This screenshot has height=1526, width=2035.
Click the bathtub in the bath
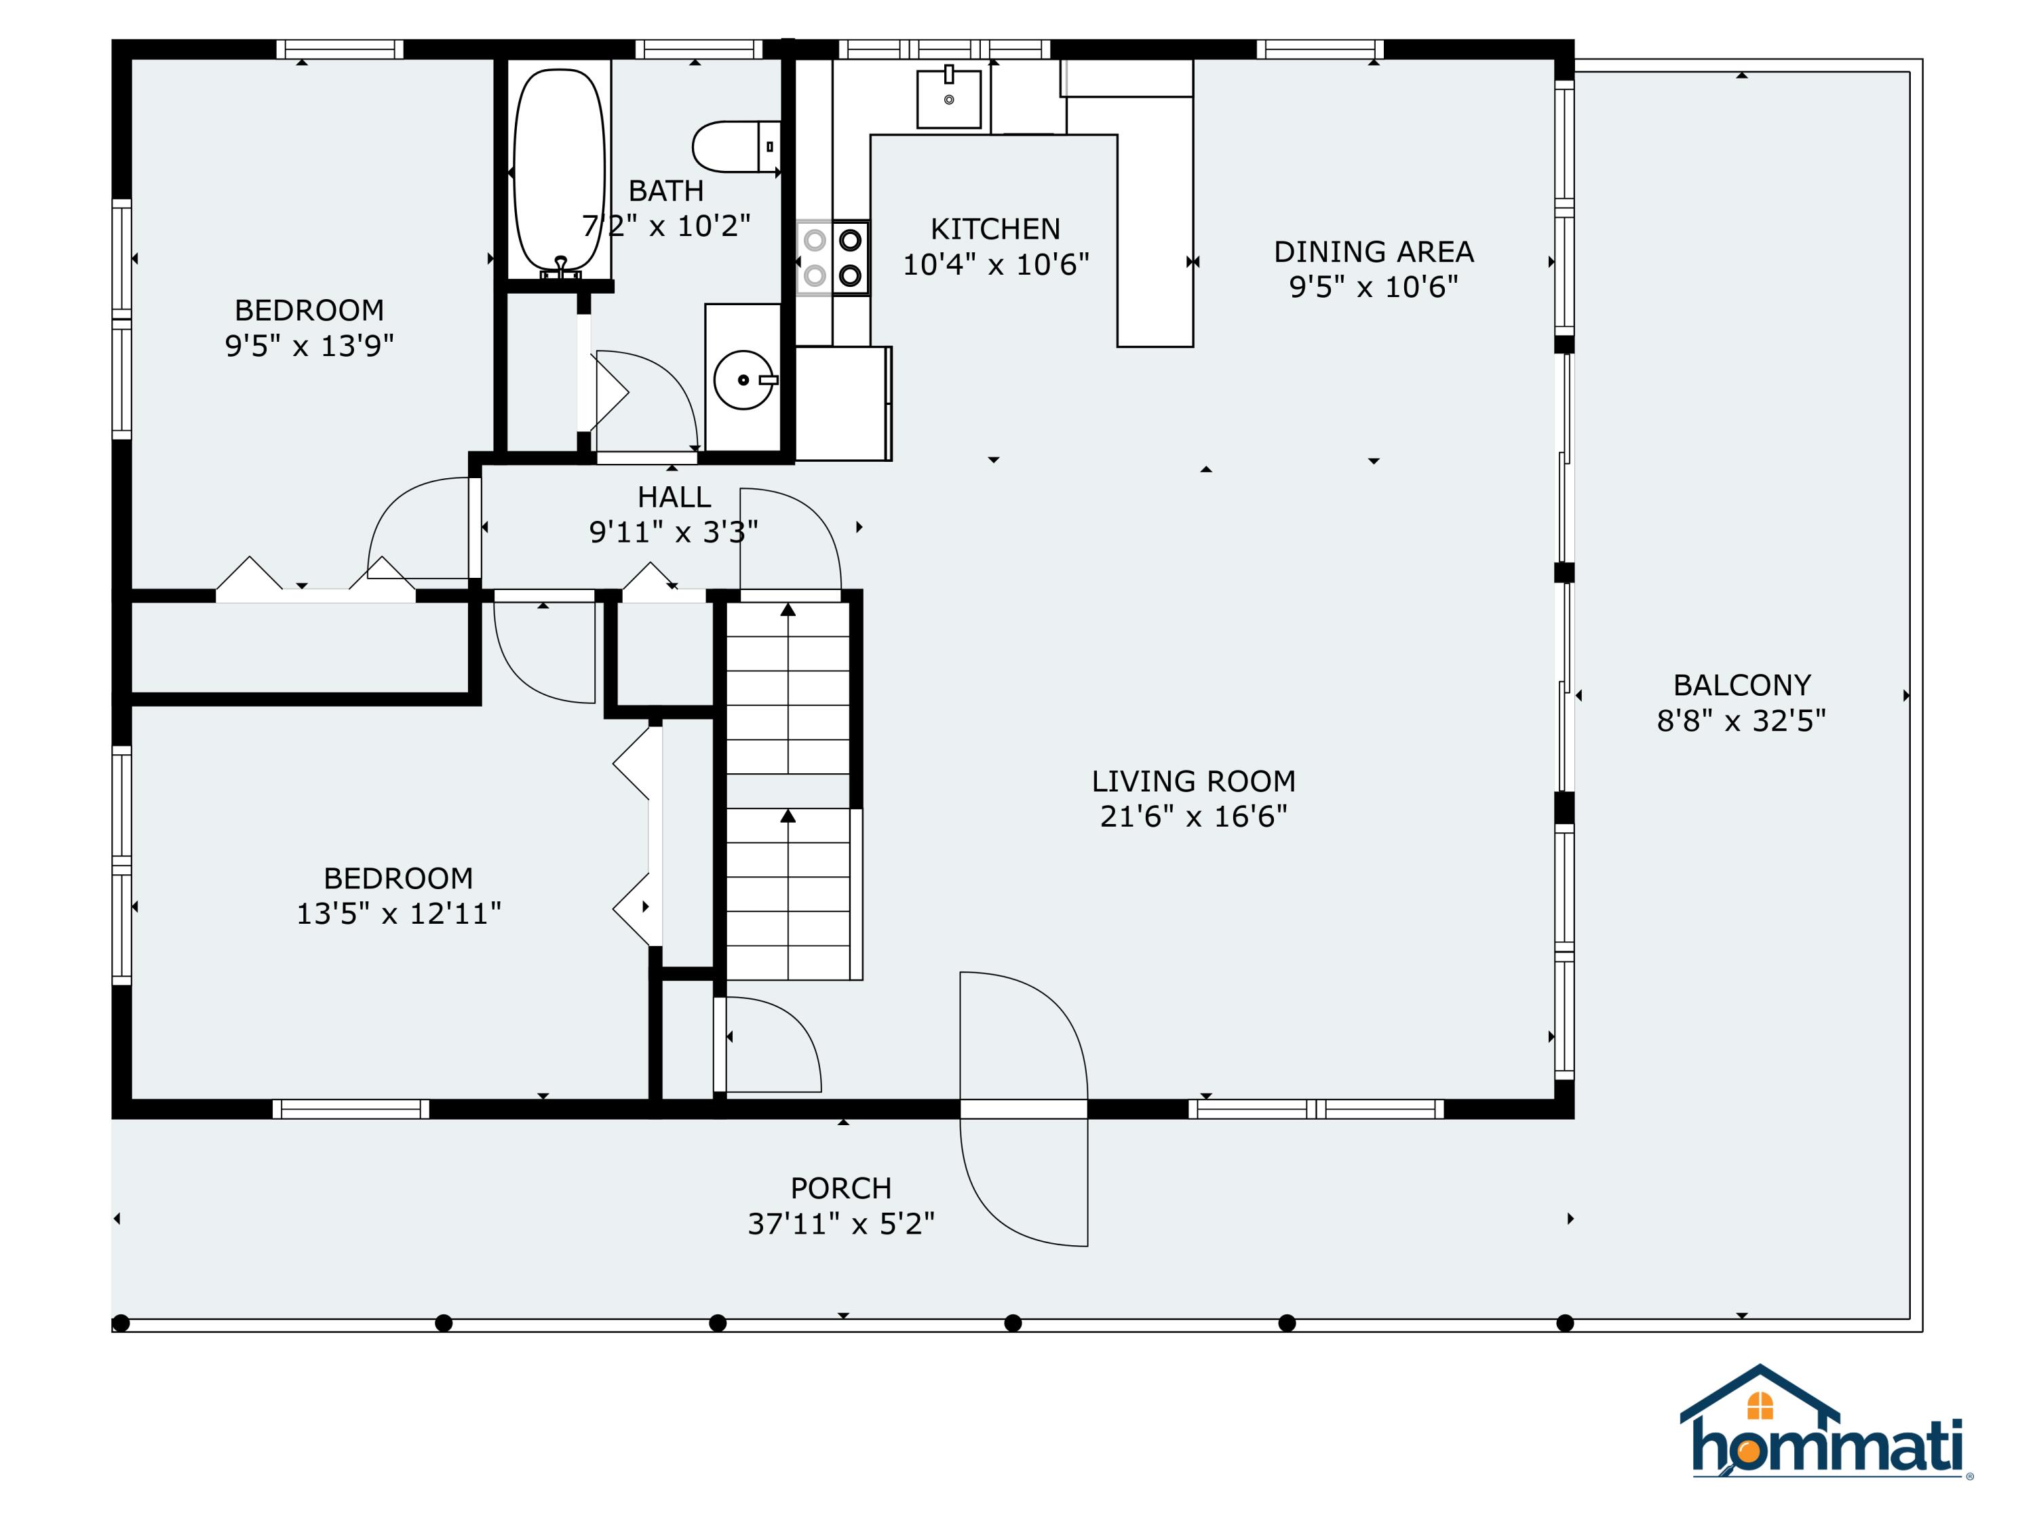[x=560, y=171]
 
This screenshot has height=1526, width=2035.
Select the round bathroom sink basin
[x=744, y=380]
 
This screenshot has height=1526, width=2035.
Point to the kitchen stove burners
[x=832, y=258]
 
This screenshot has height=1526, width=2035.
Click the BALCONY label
[x=1741, y=685]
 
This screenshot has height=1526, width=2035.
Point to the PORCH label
[x=841, y=1188]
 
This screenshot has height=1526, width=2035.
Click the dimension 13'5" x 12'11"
[x=398, y=914]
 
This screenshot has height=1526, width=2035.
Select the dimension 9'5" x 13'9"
[x=309, y=346]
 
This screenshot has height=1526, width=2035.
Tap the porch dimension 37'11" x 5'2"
[x=841, y=1224]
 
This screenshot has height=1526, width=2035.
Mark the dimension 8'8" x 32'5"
[x=1741, y=721]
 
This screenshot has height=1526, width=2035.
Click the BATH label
[x=666, y=191]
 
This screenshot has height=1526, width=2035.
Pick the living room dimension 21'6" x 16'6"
[x=1193, y=817]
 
